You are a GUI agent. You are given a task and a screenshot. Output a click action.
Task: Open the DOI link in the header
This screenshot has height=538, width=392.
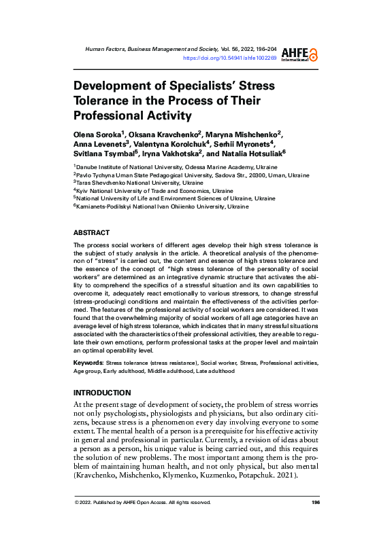pos(230,58)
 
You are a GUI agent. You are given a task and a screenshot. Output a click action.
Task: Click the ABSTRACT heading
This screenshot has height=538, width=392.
pos(91,232)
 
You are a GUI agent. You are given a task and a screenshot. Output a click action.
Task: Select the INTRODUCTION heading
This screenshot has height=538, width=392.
pos(101,393)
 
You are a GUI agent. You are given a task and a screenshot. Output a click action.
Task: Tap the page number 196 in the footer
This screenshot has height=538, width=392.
pos(315,522)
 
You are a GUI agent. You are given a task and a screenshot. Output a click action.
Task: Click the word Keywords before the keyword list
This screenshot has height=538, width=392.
pos(88,363)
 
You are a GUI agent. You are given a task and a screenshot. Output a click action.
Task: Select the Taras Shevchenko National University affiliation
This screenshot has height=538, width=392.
pos(139,183)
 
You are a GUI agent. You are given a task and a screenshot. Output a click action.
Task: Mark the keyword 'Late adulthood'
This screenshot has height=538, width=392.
pos(215,372)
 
